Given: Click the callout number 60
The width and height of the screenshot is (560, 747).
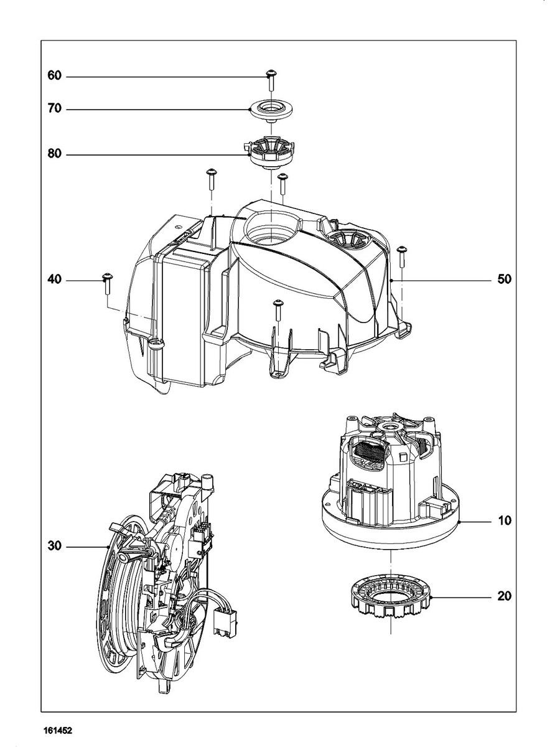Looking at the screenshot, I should pos(55,76).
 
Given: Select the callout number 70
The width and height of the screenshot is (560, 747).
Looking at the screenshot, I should pos(55,109).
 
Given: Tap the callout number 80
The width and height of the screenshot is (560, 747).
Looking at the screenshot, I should pos(55,153).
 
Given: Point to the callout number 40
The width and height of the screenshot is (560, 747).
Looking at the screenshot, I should pos(55,280).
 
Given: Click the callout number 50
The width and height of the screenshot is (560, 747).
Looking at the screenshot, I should pos(504,280).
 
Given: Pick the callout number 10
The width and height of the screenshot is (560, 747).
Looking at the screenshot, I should pos(504,520).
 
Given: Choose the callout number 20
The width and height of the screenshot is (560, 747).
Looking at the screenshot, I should pos(504,596).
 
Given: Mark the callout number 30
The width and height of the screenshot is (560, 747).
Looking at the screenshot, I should pos(55,547).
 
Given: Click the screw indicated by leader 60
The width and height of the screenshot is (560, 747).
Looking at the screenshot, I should pos(271,79).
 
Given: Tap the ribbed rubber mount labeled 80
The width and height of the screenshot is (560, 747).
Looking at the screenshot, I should pos(271,153).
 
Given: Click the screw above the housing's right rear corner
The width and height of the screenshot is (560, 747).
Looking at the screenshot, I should pos(401,254).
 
